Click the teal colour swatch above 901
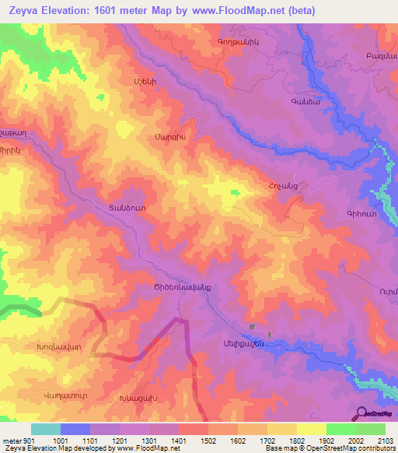pyautogui.click(x=45, y=429)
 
